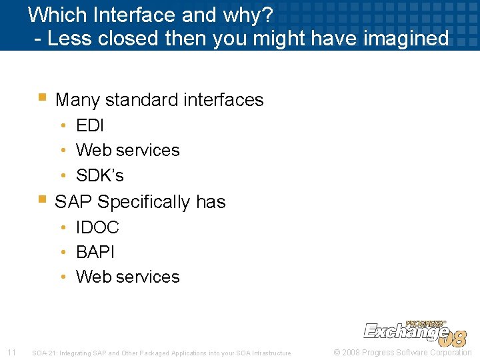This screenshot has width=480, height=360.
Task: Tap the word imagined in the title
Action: (407, 38)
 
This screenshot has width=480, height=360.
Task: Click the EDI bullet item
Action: (90, 125)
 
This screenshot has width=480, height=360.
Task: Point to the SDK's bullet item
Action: (100, 175)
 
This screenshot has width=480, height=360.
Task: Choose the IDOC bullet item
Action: (97, 227)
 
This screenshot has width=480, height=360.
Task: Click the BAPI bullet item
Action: (95, 252)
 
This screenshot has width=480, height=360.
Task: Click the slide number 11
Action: (11, 352)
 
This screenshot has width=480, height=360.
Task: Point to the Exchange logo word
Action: (405, 331)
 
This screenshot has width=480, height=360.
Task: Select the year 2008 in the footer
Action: (351, 352)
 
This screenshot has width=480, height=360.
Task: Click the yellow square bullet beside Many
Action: (41, 97)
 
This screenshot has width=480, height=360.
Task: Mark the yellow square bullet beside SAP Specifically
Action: (41, 198)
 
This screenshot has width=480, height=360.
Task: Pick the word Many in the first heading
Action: (78, 100)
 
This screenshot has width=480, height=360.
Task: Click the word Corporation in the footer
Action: (451, 352)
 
